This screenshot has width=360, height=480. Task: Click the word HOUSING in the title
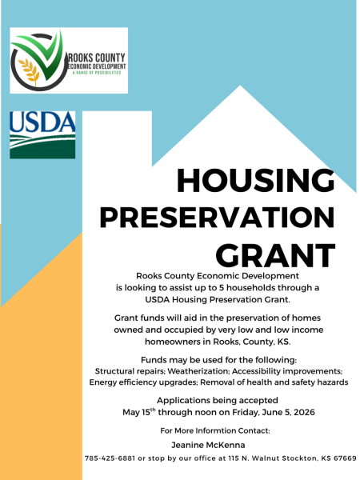tap(256, 180)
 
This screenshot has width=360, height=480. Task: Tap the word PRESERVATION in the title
tap(217, 218)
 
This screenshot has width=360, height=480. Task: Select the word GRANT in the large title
tap(275, 255)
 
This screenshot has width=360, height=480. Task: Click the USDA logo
tap(42, 134)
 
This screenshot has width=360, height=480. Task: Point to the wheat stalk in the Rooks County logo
tap(29, 71)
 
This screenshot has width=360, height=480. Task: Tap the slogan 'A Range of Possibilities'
tap(97, 73)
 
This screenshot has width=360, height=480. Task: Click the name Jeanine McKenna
tap(208, 445)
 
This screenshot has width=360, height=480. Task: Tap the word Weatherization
tap(198, 371)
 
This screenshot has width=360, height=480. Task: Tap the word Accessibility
tap(256, 371)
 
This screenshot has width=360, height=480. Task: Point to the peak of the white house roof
tap(240, 86)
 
